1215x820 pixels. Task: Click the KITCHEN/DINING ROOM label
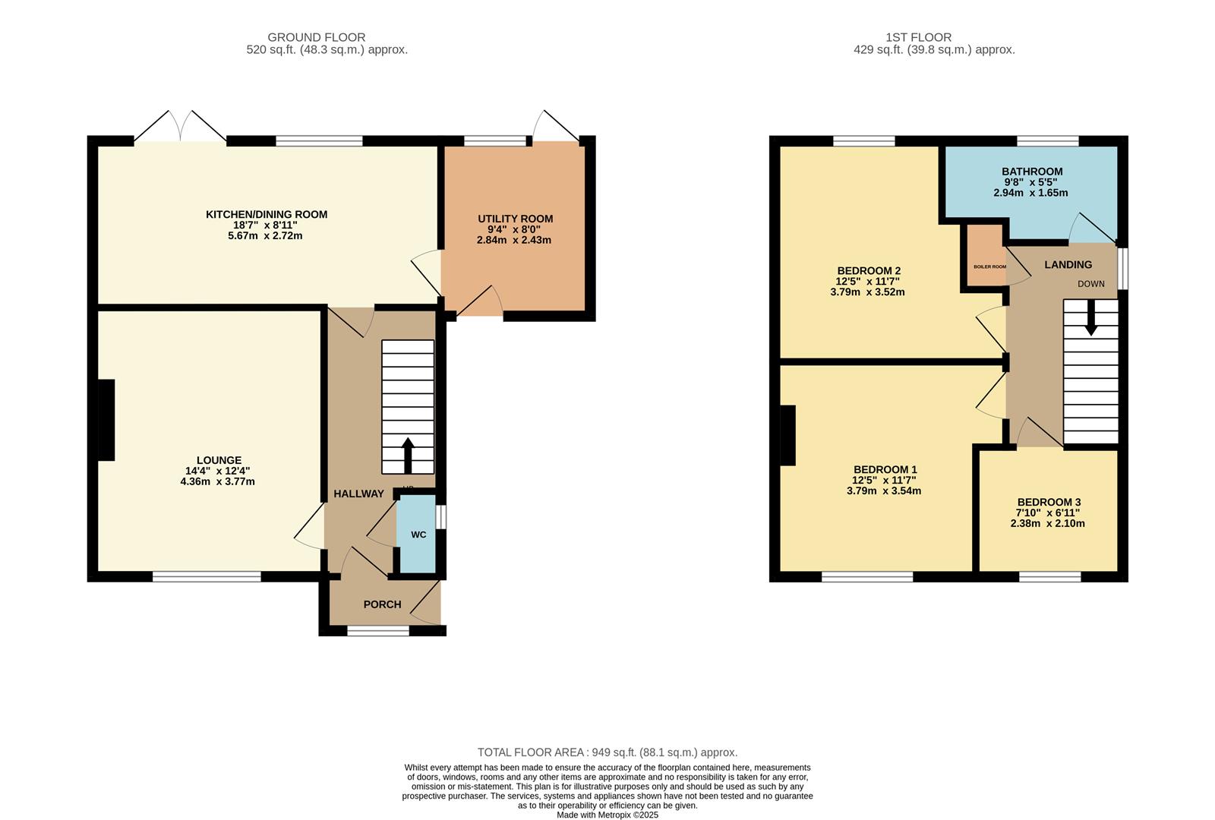tap(267, 215)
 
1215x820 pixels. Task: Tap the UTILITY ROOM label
tap(515, 219)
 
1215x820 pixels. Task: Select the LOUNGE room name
tap(219, 460)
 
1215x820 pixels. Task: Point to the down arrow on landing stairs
tap(1090, 320)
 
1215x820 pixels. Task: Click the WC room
tap(418, 535)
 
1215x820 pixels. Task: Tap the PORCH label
tap(382, 604)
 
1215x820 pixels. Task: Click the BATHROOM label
tap(1031, 172)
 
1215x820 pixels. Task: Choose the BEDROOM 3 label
tap(1049, 502)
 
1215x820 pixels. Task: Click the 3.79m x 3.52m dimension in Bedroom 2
tap(867, 292)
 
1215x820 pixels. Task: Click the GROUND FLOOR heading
tap(316, 37)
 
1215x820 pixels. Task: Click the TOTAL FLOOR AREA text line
tap(607, 752)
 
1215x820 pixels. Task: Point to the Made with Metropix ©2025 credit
tap(607, 815)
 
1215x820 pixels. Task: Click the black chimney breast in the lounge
tap(106, 420)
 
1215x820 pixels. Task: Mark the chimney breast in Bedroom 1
tap(787, 435)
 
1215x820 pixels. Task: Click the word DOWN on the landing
tap(1090, 284)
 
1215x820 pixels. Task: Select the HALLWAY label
tap(358, 494)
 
